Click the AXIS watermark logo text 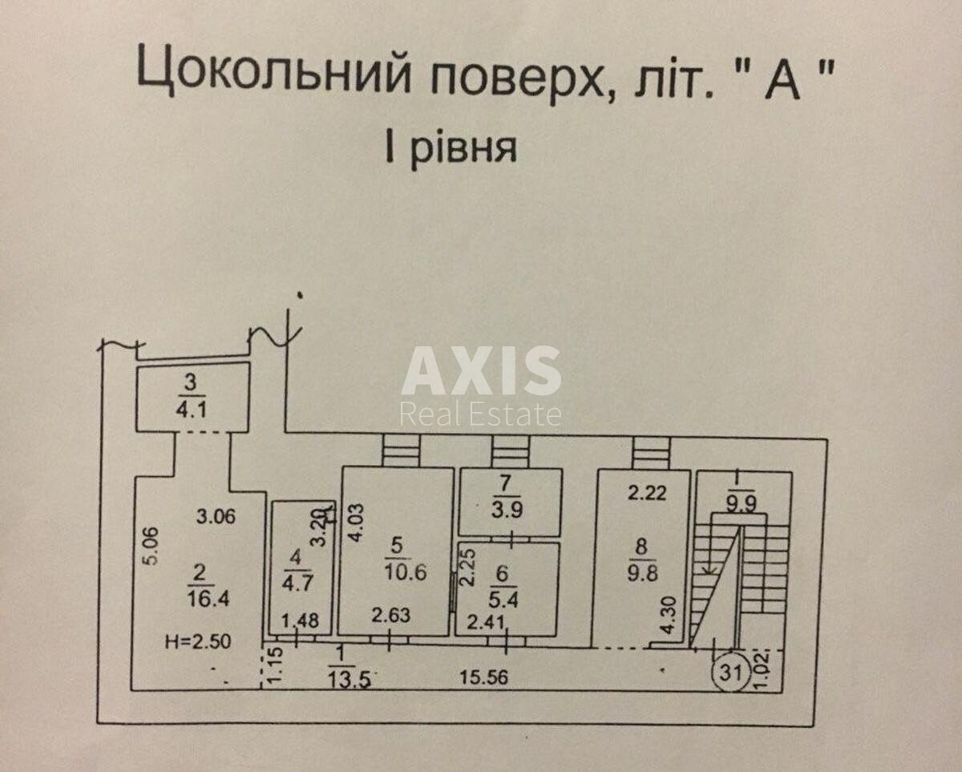pos(481,371)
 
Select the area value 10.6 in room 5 pos(405,572)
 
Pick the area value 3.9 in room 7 pos(511,511)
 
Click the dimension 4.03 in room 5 pos(354,523)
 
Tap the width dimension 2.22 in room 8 pos(647,495)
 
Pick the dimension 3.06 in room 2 pos(216,517)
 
